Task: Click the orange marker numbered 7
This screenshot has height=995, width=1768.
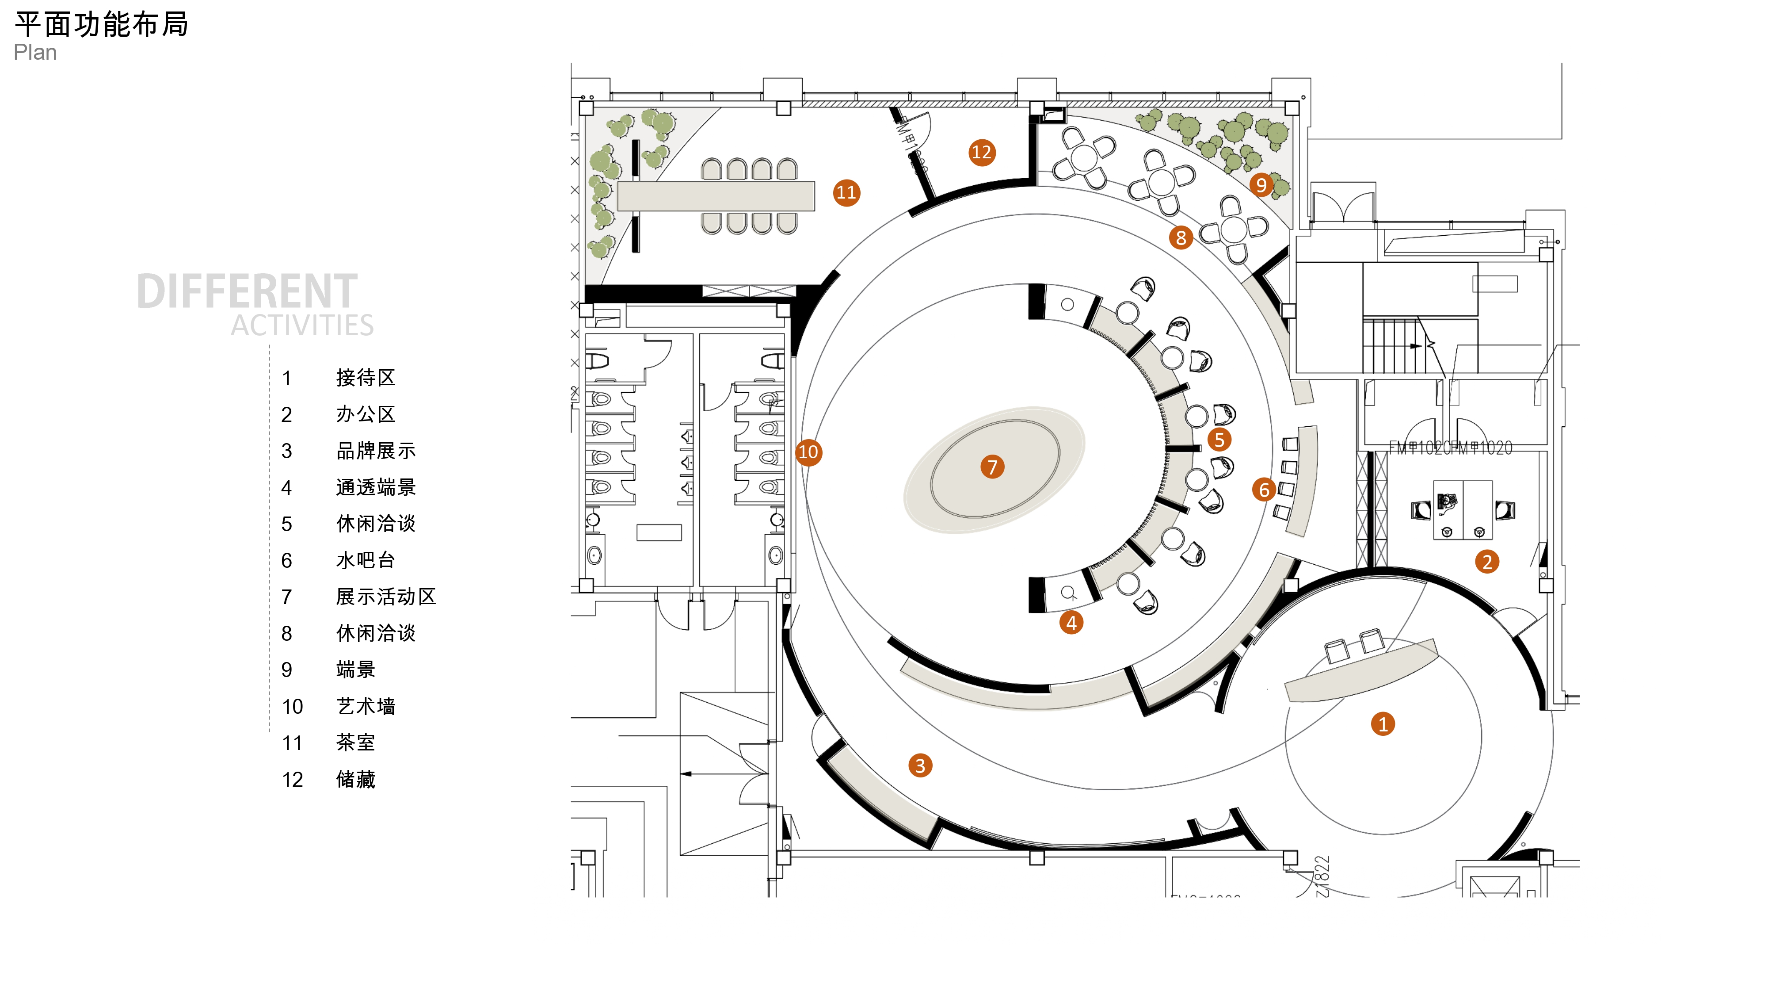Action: [x=992, y=467]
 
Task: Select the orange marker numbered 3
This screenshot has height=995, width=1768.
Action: [x=920, y=765]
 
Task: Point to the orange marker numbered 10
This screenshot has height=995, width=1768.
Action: [x=808, y=452]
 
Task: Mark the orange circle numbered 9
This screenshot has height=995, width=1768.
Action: [x=1261, y=185]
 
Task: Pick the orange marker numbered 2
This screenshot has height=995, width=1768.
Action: [x=1486, y=562]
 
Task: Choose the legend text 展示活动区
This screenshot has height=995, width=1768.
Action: [x=386, y=597]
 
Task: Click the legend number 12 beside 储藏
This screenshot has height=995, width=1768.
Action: [x=292, y=779]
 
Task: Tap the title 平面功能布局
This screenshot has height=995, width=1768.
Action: [x=102, y=25]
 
